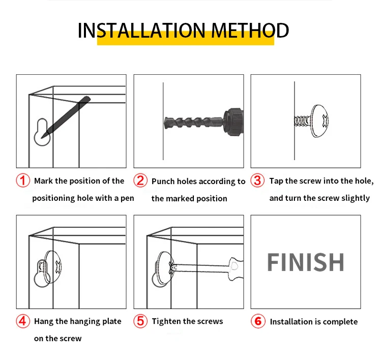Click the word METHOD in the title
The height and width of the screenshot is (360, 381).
click(250, 31)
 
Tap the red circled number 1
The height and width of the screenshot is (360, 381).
click(23, 181)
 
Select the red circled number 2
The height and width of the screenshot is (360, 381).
click(140, 181)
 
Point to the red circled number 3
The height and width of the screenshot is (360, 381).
click(257, 181)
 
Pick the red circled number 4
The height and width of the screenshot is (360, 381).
click(23, 321)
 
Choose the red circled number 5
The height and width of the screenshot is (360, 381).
click(140, 321)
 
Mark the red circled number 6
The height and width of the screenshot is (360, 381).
click(258, 321)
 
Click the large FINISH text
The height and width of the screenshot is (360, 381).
click(306, 262)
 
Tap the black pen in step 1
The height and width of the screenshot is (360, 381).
click(66, 117)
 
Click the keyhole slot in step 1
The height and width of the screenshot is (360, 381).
click(42, 132)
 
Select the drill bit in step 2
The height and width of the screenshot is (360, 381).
click(194, 123)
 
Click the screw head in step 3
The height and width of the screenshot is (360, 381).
click(319, 121)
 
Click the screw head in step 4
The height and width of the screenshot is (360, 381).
click(53, 267)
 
